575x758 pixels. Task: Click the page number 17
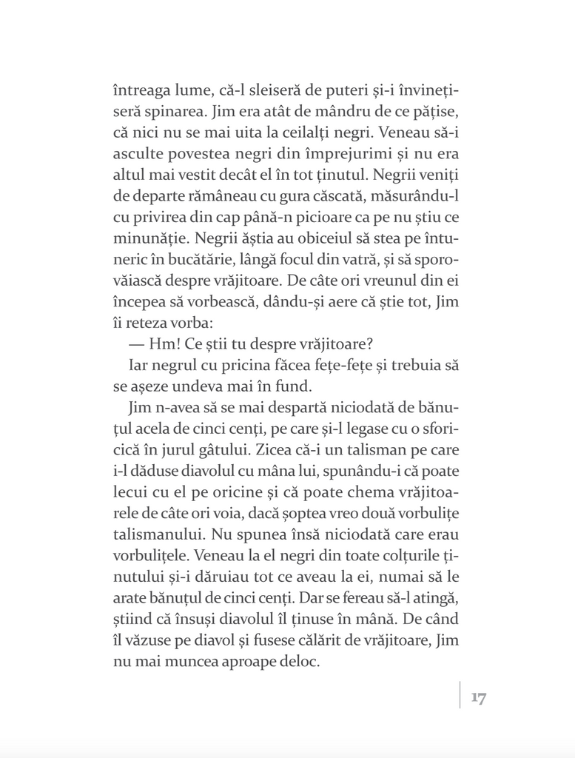(478, 697)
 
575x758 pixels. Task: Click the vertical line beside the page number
(460, 695)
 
